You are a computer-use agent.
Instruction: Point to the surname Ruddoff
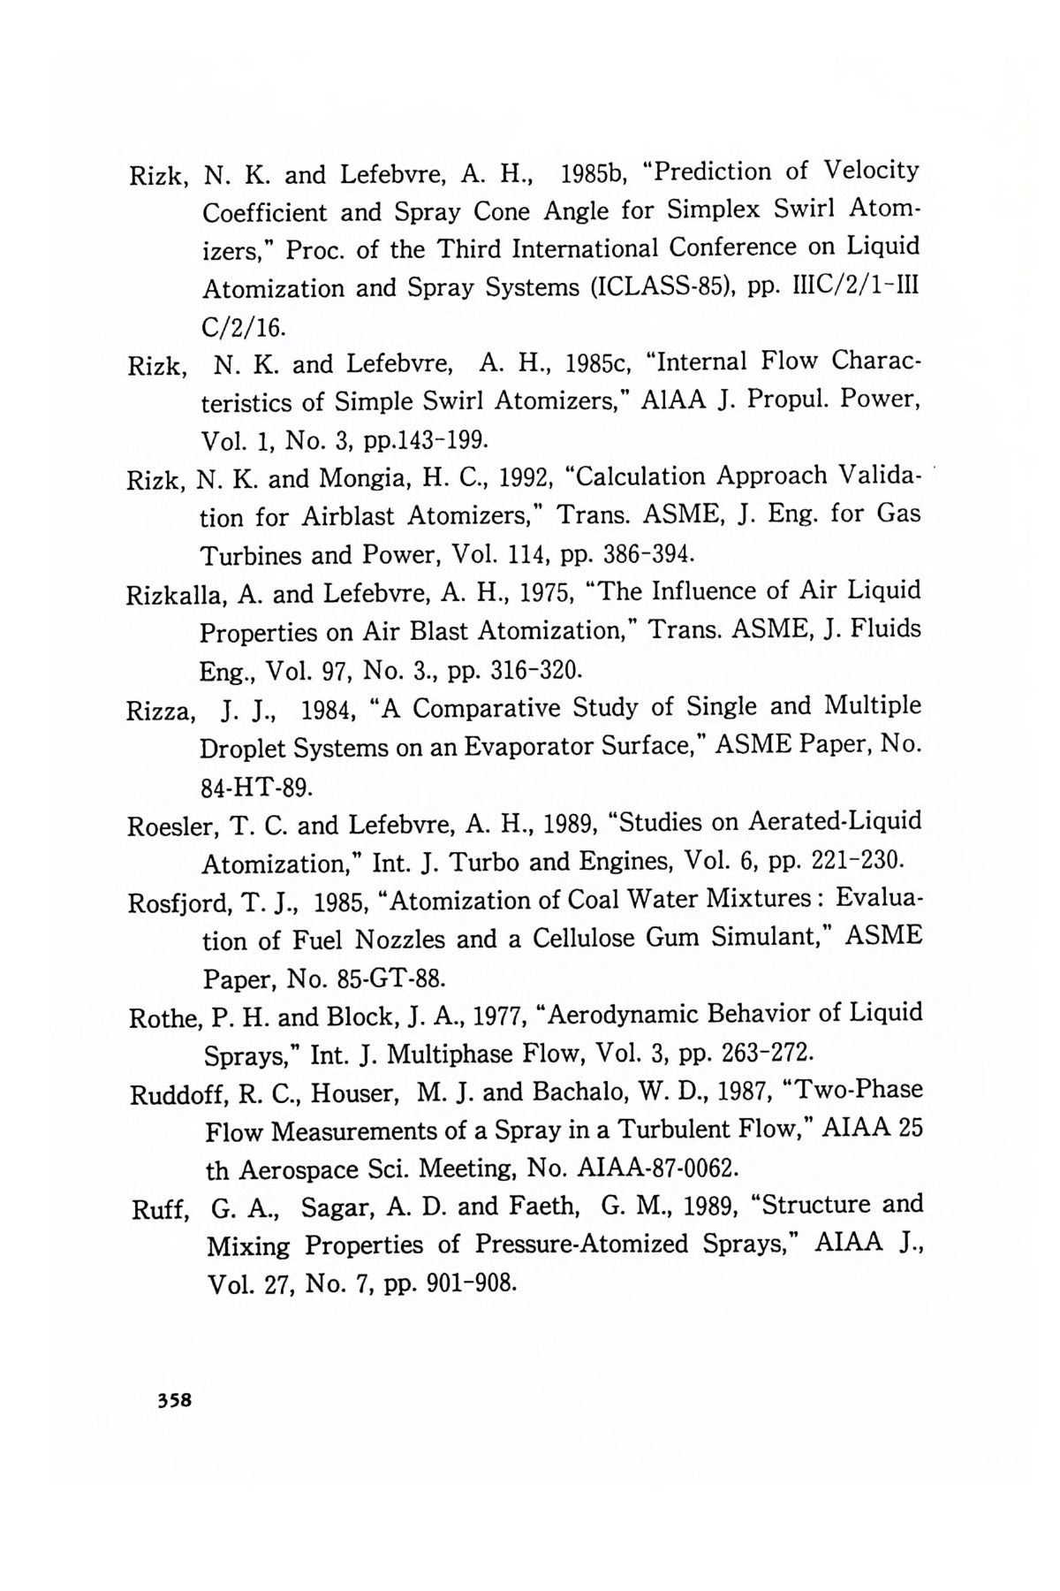tap(178, 1094)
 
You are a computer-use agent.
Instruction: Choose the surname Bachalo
tap(577, 1092)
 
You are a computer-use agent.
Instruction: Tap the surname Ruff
tap(155, 1209)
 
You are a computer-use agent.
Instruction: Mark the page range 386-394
tap(647, 555)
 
